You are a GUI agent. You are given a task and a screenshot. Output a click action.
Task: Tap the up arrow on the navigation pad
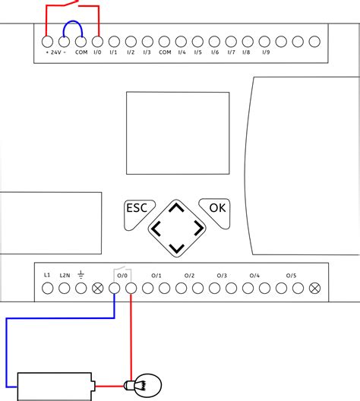pos(176,208)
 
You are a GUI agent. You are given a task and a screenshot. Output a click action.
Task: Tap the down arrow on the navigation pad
pos(176,248)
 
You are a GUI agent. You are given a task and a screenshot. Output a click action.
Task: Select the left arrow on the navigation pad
pos(157,228)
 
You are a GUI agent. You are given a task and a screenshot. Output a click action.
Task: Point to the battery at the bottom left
pos(55,385)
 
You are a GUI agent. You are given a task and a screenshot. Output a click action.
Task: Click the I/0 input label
pos(97,52)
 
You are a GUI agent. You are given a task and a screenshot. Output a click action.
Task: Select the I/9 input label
pos(266,52)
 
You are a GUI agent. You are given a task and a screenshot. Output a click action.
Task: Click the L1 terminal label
pos(47,274)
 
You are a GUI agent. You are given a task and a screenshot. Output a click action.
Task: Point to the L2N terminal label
pos(65,274)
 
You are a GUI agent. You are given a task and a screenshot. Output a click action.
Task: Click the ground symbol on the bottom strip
pos(81,274)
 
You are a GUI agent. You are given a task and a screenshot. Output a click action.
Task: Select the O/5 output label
pos(291,274)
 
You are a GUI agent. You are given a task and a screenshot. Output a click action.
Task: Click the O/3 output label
pos(222,274)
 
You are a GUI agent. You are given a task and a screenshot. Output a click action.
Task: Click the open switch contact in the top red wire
pos(72,6)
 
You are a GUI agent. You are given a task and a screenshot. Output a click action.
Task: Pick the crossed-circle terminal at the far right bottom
pos(314,288)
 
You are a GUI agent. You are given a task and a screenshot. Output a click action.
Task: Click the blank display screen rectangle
pos(177,133)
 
